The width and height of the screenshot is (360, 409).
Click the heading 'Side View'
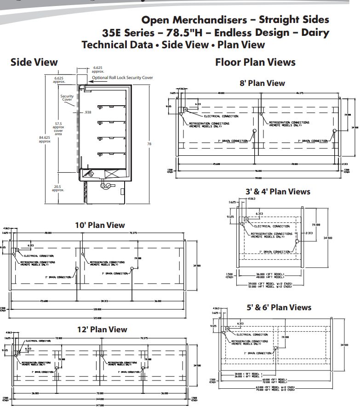34,62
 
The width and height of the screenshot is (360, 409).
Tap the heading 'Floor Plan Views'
255,62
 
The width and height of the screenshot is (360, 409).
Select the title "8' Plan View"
262,83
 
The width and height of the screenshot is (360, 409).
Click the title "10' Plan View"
100,225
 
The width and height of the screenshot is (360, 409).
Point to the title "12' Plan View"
102,329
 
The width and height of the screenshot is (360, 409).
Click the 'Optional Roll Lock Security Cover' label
122,78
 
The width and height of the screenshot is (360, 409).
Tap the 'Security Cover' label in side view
67,98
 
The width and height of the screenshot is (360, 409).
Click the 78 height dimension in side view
149,144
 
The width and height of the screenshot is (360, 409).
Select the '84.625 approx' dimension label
45,139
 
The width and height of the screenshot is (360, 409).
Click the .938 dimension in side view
88,112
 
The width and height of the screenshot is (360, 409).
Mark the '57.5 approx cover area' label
59,129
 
